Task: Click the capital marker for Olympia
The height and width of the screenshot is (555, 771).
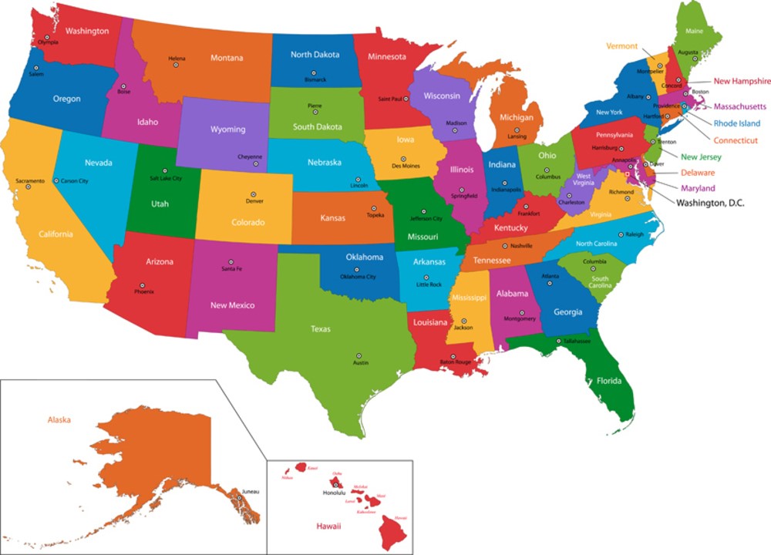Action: click(x=47, y=37)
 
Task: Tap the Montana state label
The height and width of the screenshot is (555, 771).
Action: click(x=227, y=58)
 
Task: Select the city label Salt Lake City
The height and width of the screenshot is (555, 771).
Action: click(x=166, y=179)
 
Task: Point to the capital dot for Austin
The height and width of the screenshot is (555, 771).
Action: click(x=358, y=355)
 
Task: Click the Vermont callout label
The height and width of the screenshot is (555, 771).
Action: click(x=621, y=46)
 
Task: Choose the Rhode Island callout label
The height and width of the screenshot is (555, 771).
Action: click(x=736, y=123)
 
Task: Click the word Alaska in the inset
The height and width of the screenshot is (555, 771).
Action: click(x=59, y=420)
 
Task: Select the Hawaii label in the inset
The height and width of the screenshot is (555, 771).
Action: click(x=328, y=526)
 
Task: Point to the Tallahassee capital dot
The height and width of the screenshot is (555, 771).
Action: click(x=558, y=340)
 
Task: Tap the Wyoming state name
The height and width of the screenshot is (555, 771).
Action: click(x=227, y=129)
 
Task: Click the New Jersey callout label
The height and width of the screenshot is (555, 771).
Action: click(x=701, y=157)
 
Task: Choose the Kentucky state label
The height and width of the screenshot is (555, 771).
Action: click(x=510, y=228)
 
